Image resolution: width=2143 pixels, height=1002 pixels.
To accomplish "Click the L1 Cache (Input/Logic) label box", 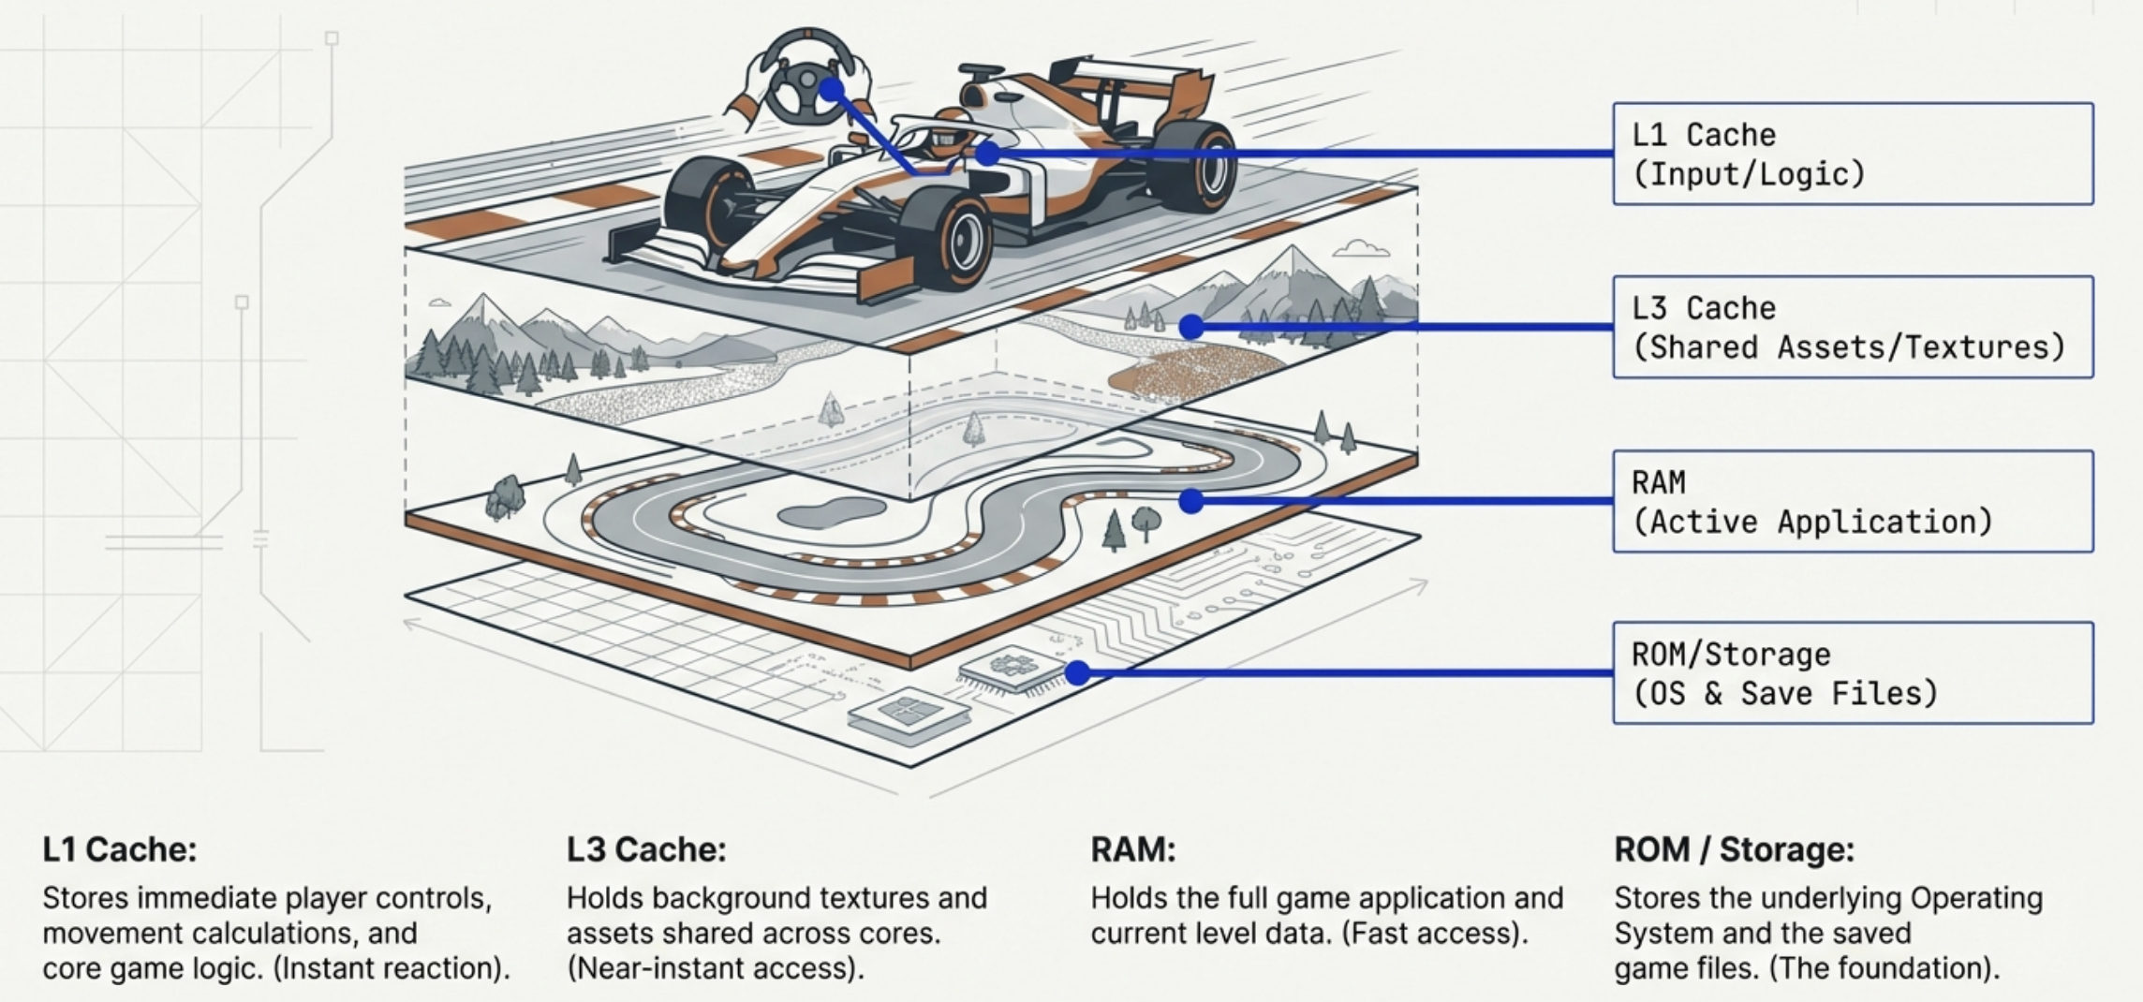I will (1852, 154).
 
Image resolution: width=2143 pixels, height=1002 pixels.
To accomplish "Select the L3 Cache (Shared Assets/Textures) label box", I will (1852, 327).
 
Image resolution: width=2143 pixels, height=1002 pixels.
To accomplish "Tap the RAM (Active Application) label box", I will (1852, 501).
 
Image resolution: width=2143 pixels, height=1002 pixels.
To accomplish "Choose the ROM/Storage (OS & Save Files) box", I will (1852, 672).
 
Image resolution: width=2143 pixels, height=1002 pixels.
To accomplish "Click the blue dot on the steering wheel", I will (831, 90).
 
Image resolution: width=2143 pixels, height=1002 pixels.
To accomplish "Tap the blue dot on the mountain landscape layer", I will (1191, 327).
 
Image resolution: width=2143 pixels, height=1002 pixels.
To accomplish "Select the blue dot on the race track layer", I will (1191, 501).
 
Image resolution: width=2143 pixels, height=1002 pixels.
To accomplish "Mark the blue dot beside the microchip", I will (1077, 672).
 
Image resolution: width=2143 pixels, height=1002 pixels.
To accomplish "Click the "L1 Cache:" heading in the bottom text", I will (120, 849).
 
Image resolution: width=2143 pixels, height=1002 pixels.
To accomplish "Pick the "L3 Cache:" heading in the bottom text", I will (646, 849).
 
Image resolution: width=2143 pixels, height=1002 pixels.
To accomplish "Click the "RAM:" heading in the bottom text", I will (1132, 849).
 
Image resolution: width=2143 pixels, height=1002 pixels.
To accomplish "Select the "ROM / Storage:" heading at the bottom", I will (1734, 849).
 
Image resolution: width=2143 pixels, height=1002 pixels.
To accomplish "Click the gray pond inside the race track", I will (832, 512).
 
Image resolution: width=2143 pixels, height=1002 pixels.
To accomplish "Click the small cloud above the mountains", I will (1360, 248).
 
